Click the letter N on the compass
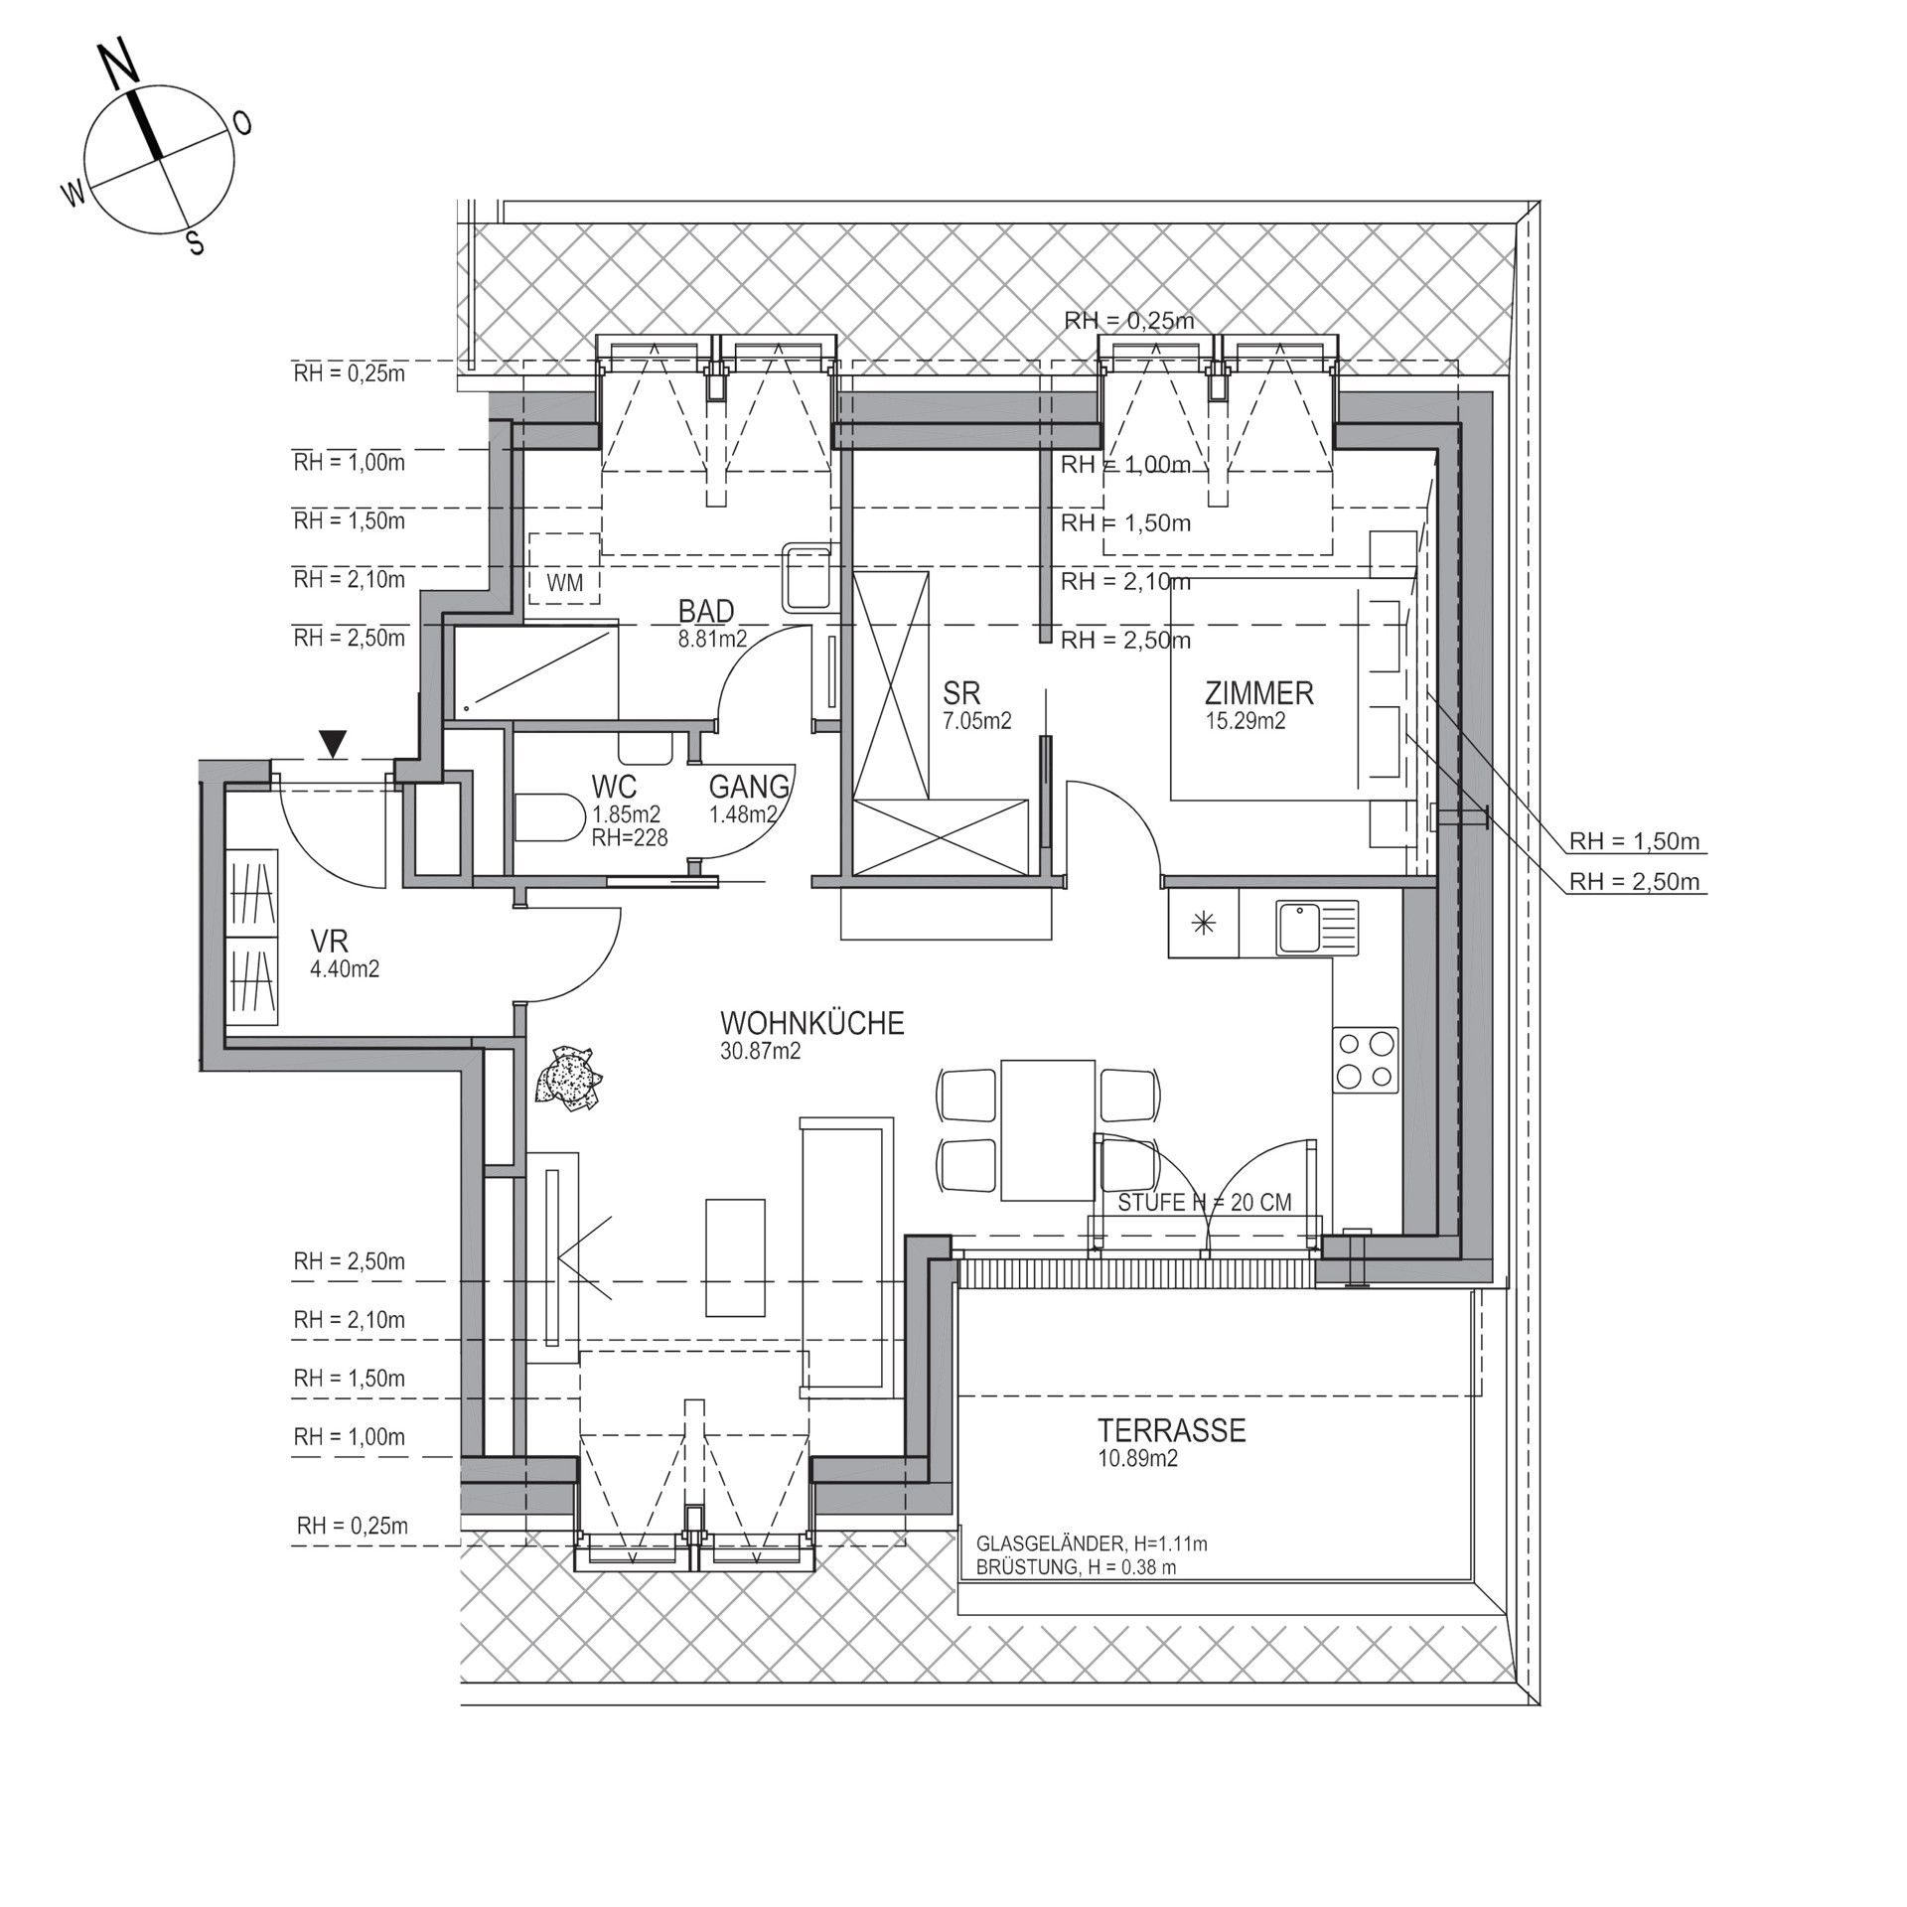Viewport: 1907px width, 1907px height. click(120, 67)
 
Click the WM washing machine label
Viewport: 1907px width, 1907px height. click(564, 582)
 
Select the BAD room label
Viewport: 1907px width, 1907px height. click(706, 610)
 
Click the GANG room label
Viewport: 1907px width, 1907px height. click(750, 787)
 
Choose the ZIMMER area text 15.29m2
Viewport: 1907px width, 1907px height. click(1246, 721)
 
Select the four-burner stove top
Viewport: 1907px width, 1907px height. click(1366, 1060)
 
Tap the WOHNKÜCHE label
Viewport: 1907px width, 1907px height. click(812, 1023)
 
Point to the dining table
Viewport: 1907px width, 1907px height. click(1047, 1130)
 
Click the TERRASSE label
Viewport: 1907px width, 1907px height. click(1171, 1430)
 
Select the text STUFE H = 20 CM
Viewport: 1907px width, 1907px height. click(1205, 1203)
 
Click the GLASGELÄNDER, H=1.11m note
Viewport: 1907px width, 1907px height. click(1092, 1544)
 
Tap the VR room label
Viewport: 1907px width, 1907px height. click(329, 941)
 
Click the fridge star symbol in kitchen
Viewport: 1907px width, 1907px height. click(1204, 924)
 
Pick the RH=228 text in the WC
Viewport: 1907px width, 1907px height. click(630, 838)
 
